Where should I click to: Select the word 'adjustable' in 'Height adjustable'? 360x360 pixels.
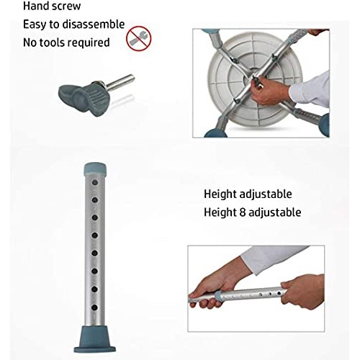click(266, 194)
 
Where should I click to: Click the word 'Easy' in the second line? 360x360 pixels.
click(35, 24)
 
